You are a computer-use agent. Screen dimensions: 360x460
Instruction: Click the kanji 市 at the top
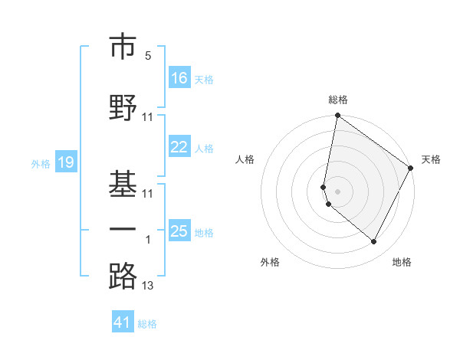pos(123,47)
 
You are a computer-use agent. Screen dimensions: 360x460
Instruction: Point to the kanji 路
pos(123,277)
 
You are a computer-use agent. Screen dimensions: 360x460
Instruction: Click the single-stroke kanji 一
pos(123,228)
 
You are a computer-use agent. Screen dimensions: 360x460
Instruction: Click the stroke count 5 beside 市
pos(148,56)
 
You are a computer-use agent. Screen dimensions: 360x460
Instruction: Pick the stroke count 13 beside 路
pos(148,286)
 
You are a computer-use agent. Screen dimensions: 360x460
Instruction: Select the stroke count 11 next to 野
pos(148,116)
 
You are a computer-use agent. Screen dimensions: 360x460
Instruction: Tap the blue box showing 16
pos(179,77)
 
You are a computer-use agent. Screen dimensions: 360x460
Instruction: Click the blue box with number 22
pos(179,147)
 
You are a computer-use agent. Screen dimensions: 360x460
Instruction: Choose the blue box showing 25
pos(179,231)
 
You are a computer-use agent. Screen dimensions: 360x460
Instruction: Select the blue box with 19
pos(66,162)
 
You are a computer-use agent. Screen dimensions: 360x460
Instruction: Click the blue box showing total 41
pos(123,322)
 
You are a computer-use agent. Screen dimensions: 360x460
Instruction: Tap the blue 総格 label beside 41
pos(147,324)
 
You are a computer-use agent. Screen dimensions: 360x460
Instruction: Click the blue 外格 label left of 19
pos(40,163)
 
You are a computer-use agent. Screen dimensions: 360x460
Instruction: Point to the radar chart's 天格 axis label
pos(431,159)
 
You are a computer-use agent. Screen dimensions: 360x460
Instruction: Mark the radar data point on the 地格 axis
pos(374,242)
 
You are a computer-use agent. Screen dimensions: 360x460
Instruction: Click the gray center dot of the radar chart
pos(337,191)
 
